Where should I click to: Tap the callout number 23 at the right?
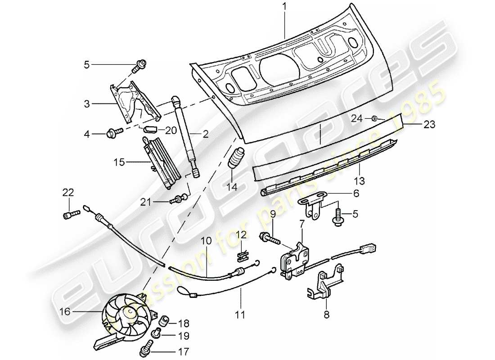point(429,125)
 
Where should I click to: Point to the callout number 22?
point(68,192)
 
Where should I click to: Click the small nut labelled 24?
point(374,118)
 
